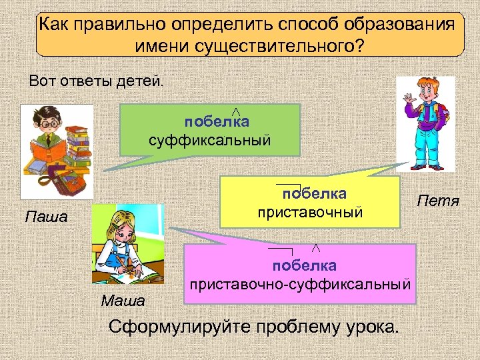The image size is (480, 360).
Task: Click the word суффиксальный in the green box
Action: coord(209,141)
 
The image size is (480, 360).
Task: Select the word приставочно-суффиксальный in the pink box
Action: coord(299,284)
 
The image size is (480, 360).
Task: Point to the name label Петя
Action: coord(437,199)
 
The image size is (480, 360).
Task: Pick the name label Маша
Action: coord(123,301)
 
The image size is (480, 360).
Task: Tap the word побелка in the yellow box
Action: coord(314,193)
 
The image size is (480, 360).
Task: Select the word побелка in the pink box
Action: coord(304,265)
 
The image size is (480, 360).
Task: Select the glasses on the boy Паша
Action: coord(49,124)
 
